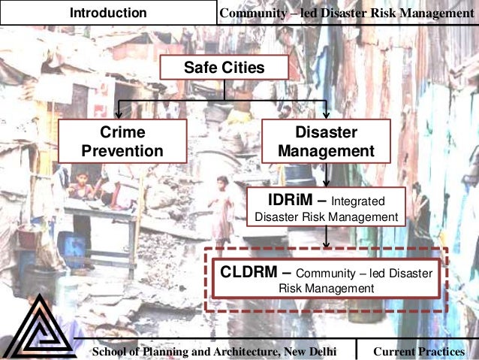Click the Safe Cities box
pyautogui.click(x=224, y=68)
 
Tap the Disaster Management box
pyautogui.click(x=326, y=142)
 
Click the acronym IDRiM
pyautogui.click(x=285, y=201)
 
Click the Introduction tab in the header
pyautogui.click(x=108, y=13)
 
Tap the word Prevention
pyautogui.click(x=122, y=151)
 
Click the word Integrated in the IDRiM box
pyautogui.click(x=357, y=202)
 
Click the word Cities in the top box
pyautogui.click(x=242, y=68)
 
